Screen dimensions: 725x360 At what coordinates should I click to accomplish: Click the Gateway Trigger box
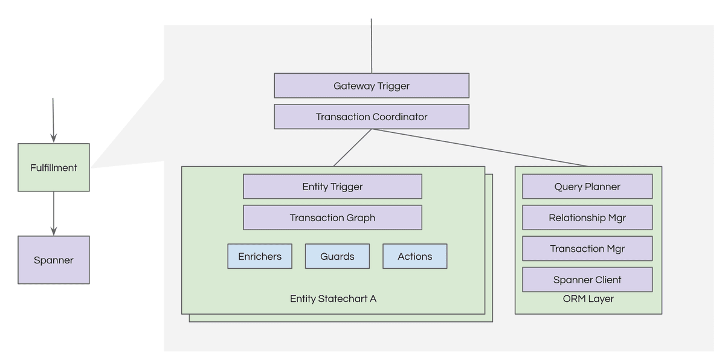click(372, 86)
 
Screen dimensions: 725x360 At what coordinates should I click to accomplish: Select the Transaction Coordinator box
click(372, 117)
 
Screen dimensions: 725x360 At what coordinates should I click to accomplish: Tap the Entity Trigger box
click(332, 187)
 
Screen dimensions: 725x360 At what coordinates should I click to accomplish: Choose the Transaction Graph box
click(332, 217)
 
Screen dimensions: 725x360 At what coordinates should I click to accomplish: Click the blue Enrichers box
click(260, 256)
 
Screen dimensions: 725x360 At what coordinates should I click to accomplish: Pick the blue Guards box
click(337, 256)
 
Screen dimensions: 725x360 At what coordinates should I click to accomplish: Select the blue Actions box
click(415, 256)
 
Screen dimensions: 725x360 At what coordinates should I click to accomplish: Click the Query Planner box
click(587, 187)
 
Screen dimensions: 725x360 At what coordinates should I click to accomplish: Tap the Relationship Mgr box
click(587, 217)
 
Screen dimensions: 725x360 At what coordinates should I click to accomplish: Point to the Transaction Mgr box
click(587, 248)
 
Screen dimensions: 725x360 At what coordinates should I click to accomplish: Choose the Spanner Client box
click(587, 280)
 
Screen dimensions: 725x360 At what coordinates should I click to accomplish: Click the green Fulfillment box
click(54, 167)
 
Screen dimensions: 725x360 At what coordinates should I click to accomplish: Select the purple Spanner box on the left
click(54, 260)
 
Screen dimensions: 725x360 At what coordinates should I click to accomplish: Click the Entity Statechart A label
click(333, 298)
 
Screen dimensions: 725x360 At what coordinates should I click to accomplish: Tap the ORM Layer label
click(588, 298)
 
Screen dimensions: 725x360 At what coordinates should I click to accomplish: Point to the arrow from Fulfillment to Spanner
click(54, 213)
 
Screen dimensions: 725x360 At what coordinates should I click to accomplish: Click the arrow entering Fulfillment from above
click(53, 120)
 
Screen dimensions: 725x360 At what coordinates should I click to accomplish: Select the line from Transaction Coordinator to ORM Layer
click(480, 148)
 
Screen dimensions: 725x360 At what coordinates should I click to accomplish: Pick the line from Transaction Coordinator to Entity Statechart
click(352, 148)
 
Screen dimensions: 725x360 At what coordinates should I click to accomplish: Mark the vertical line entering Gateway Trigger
click(372, 46)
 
